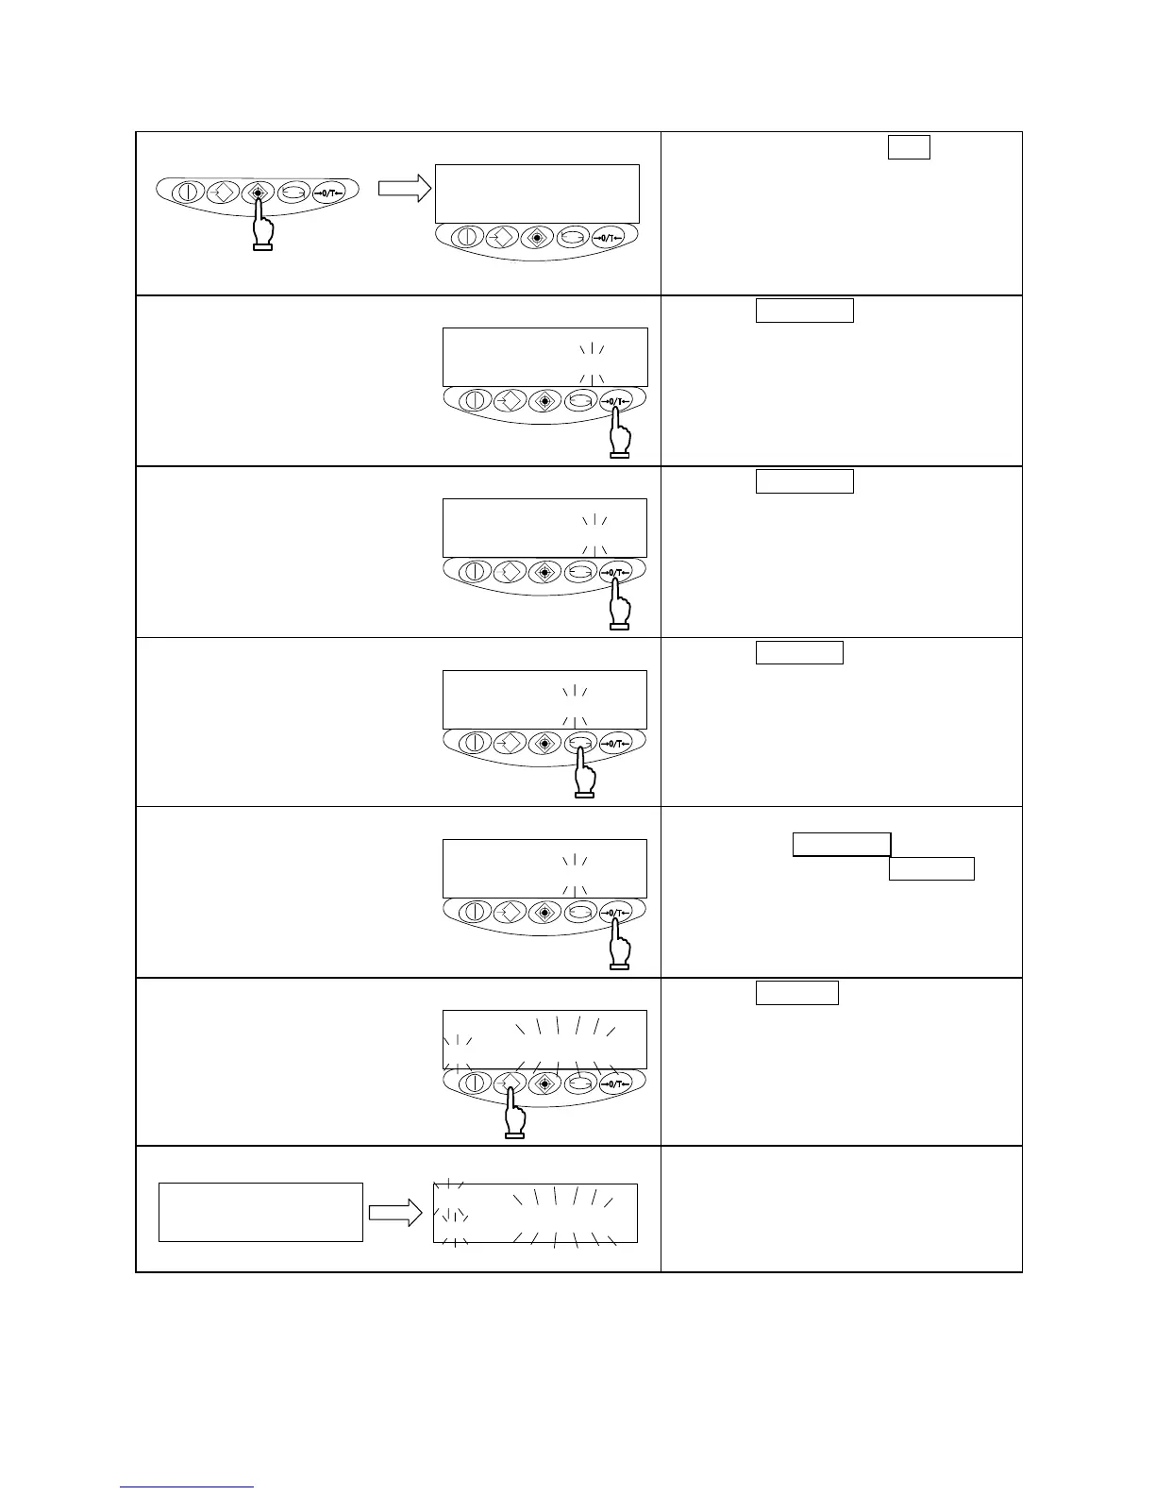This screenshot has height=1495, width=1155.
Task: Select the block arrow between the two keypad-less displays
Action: pos(394,1214)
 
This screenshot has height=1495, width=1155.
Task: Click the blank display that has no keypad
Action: pos(260,1212)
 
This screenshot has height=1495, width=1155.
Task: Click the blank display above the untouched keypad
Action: pos(537,193)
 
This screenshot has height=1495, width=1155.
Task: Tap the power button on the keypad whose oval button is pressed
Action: pos(475,744)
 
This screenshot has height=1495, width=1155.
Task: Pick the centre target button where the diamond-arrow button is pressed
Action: pos(545,1084)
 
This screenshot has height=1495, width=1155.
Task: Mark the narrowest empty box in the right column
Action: pos(909,147)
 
